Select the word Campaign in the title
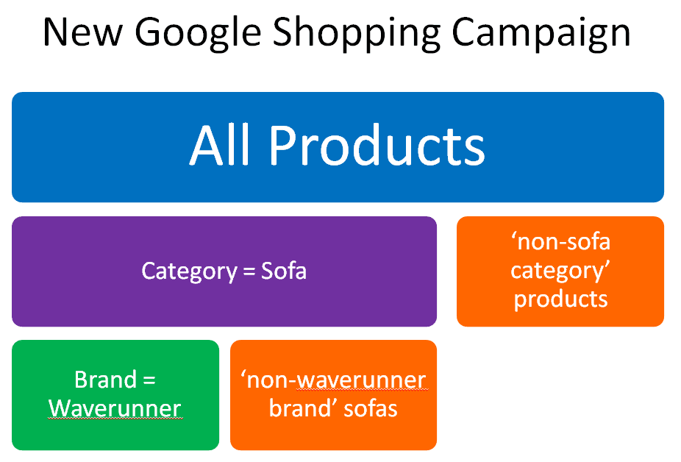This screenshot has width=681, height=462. [x=541, y=34]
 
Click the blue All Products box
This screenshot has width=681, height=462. [x=338, y=147]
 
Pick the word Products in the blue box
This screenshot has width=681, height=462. [x=377, y=145]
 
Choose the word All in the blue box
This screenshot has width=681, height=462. [x=219, y=145]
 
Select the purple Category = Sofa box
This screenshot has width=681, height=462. [x=224, y=271]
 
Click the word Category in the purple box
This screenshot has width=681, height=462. [x=189, y=271]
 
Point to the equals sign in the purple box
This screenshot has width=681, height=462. [x=249, y=271]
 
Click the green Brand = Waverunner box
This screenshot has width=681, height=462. [x=115, y=395]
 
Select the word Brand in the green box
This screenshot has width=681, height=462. [x=106, y=380]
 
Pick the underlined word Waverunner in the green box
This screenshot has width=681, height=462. [x=115, y=408]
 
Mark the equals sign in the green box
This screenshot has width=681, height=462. [x=149, y=380]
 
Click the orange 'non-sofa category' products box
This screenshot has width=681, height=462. [x=560, y=271]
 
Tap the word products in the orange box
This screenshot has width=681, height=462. [x=560, y=300]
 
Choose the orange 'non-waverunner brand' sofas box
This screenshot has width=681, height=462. [x=334, y=395]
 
